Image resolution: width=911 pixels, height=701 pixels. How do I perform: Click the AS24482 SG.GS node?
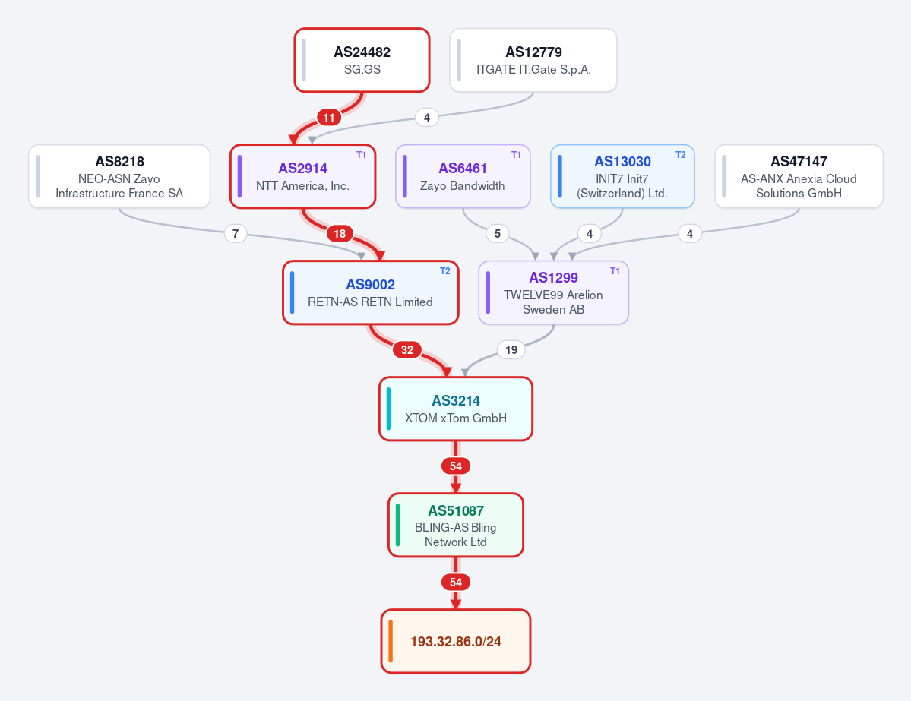[362, 61]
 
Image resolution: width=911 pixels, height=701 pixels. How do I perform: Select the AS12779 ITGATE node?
[533, 61]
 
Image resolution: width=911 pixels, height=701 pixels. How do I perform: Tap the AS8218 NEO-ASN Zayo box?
[119, 176]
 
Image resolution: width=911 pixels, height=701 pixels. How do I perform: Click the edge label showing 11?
[329, 117]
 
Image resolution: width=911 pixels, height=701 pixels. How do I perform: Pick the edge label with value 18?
[340, 233]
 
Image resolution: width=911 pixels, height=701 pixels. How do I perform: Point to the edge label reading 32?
[407, 349]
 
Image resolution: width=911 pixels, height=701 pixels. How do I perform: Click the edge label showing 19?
[511, 349]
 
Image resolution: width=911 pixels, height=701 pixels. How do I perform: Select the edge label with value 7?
[236, 233]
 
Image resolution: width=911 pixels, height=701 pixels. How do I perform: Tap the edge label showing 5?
[498, 233]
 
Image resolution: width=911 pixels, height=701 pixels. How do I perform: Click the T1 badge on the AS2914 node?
[362, 155]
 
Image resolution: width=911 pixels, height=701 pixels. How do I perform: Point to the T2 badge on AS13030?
[680, 155]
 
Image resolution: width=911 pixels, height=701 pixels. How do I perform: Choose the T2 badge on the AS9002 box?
[445, 271]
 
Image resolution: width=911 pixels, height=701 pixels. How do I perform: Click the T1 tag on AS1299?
[615, 271]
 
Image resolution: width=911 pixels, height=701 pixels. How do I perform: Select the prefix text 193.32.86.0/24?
[456, 642]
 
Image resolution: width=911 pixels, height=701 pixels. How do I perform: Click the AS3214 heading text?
[456, 401]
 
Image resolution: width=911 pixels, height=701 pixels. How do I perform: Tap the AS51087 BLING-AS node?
[456, 525]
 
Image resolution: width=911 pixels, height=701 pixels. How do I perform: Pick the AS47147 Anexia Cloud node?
[799, 176]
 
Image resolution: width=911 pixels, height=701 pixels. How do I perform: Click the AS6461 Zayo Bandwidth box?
[463, 176]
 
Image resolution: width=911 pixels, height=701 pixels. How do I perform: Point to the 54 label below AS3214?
[456, 466]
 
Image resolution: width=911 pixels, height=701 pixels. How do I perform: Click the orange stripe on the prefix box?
[391, 641]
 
